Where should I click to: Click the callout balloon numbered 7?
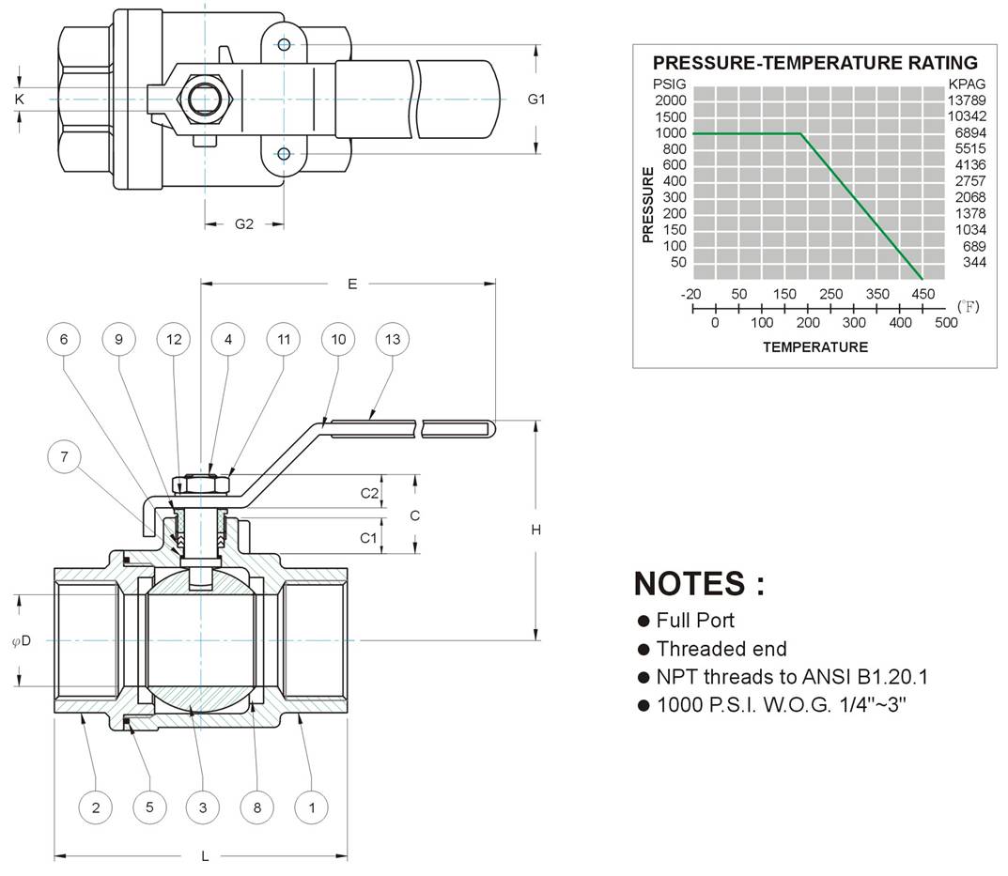pos(64,457)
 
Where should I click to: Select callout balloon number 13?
pos(392,339)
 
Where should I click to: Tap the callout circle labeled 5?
pos(149,807)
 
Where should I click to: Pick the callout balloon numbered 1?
pos(312,807)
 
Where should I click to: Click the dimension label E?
pos(352,284)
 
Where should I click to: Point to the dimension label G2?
pos(244,224)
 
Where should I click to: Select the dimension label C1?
pos(368,537)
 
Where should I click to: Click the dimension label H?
pos(536,530)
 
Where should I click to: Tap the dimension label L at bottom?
pos(205,856)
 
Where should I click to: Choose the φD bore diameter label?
pos(22,640)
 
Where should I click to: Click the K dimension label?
pos(20,99)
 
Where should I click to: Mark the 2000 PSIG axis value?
pos(671,100)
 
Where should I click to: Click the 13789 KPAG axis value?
pos(967,100)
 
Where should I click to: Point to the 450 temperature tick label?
pos(923,295)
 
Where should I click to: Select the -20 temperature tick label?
pos(691,295)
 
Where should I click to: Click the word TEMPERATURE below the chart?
pos(815,347)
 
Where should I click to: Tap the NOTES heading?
pos(700,584)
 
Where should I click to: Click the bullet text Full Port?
pos(695,621)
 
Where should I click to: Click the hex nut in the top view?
pos(205,99)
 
